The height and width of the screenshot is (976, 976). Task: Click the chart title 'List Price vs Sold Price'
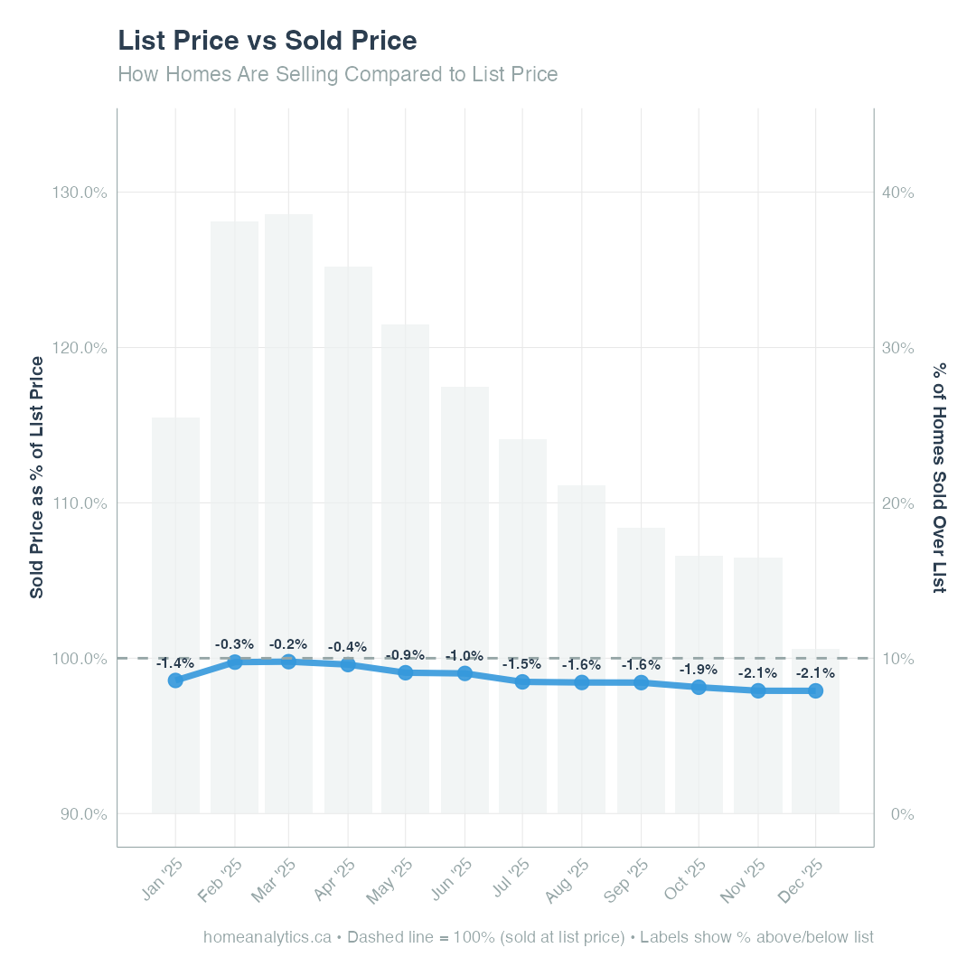point(267,41)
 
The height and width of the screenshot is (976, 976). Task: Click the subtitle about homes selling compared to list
point(338,74)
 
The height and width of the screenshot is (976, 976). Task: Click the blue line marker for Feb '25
point(235,662)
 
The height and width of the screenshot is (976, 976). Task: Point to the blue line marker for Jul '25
point(522,682)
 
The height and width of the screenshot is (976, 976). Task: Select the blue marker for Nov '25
point(758,690)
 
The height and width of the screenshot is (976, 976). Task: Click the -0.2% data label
point(288,644)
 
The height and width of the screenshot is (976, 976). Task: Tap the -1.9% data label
point(699,670)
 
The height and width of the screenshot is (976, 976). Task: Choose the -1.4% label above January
point(175,662)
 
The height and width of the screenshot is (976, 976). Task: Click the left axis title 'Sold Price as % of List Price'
point(37,477)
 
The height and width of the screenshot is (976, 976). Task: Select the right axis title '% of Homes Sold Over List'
point(940,477)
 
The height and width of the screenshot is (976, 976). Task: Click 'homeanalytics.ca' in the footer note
point(267,937)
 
